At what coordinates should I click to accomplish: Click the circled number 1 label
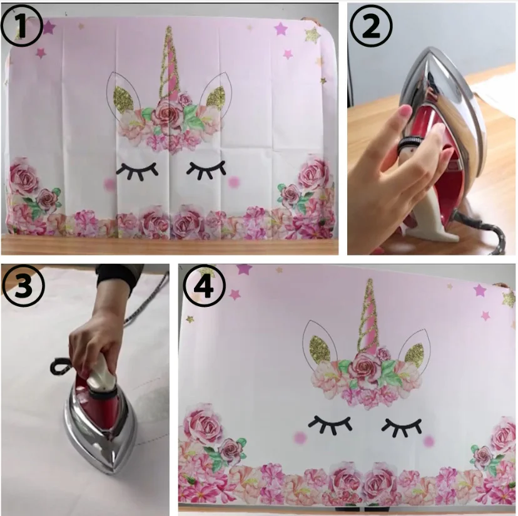pyautogui.click(x=22, y=26)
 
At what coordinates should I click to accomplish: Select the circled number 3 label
pyautogui.click(x=23, y=285)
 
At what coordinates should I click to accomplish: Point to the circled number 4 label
pyautogui.click(x=205, y=286)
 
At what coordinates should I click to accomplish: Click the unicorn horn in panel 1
pyautogui.click(x=170, y=63)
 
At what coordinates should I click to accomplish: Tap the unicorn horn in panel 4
pyautogui.click(x=369, y=317)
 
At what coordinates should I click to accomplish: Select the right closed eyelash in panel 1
pyautogui.click(x=206, y=170)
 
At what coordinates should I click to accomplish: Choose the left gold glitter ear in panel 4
pyautogui.click(x=320, y=349)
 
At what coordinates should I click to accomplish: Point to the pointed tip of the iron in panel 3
pyautogui.click(x=115, y=472)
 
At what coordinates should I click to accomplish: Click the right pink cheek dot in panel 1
pyautogui.click(x=233, y=182)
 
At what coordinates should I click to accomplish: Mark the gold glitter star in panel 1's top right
pyautogui.click(x=312, y=35)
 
